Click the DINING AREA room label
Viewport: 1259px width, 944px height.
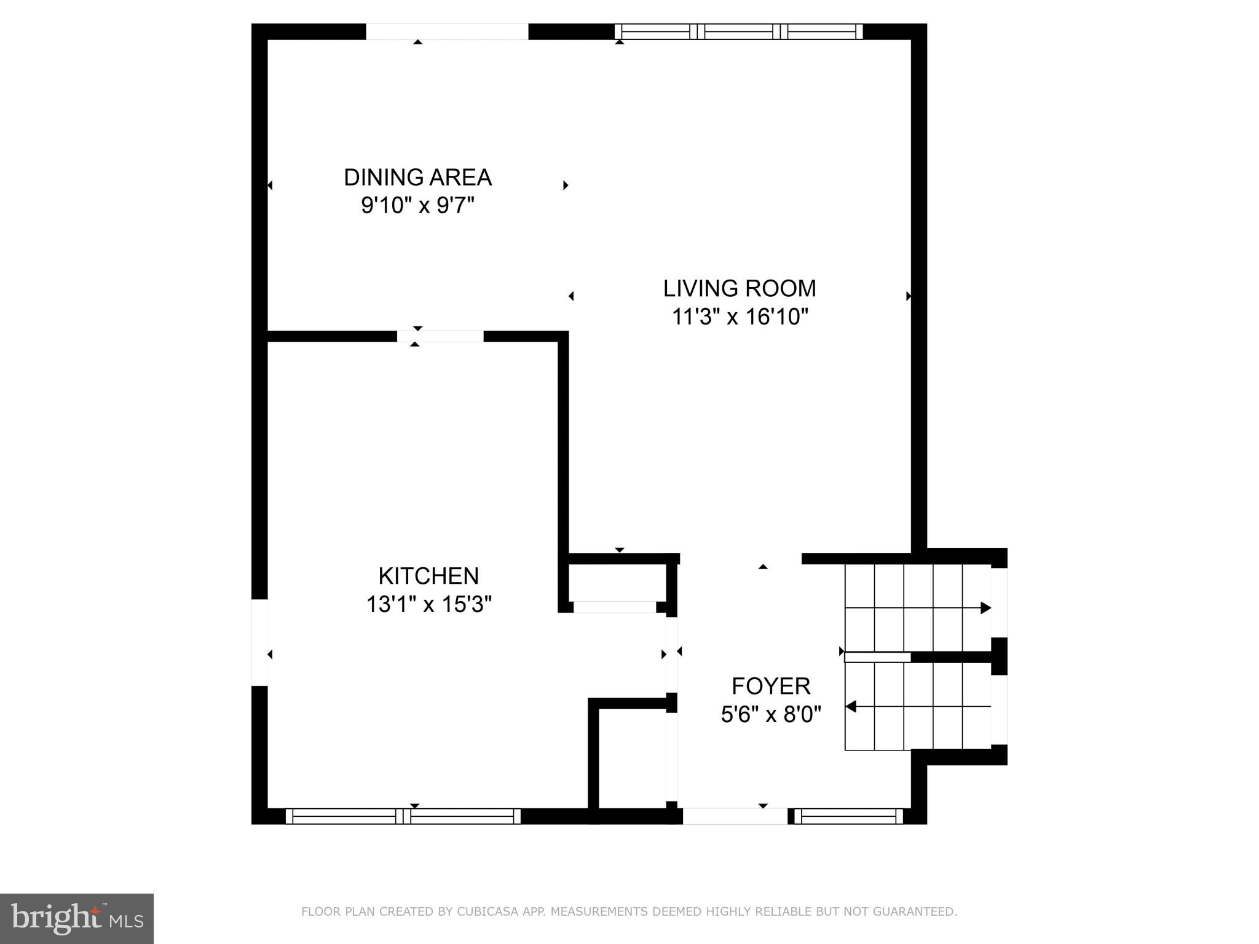tap(417, 178)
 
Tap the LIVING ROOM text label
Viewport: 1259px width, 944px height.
tap(739, 288)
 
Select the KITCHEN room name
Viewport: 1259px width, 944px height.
tap(428, 576)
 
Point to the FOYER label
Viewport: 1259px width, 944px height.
tap(771, 686)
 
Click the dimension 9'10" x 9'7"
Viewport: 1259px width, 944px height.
tap(417, 205)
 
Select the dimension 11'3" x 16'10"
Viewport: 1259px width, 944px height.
tap(739, 317)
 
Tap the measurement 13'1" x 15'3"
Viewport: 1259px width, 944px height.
tap(428, 605)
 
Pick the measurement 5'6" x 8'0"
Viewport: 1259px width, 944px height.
tap(771, 715)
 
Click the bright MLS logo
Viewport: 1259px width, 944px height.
tap(76, 919)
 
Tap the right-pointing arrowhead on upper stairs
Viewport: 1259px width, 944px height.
tap(985, 608)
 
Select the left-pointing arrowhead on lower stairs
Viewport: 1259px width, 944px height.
tap(851, 707)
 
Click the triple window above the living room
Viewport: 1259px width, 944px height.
tap(739, 31)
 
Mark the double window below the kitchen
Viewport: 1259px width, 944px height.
tap(403, 816)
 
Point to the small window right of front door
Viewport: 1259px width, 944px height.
tap(848, 816)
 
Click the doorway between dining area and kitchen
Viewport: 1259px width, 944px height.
tap(440, 336)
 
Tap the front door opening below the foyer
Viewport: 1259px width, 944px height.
tap(735, 816)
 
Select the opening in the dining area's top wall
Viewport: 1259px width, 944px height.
tap(447, 31)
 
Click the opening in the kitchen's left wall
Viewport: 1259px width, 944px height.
tap(259, 642)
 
